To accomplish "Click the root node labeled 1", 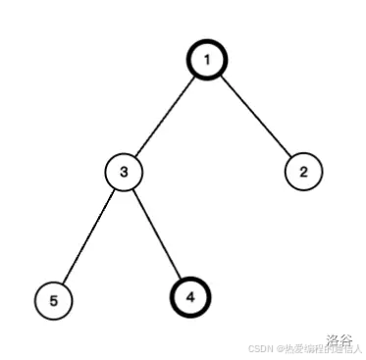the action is tap(207, 61).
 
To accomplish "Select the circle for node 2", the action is tap(303, 173).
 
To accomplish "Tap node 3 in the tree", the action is tap(124, 173).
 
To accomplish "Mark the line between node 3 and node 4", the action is tap(157, 233).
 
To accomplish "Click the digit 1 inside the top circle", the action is tap(207, 61).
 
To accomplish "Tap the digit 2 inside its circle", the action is tap(303, 173).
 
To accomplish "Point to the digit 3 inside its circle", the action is tap(124, 173).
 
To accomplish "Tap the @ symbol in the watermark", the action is tap(281, 347).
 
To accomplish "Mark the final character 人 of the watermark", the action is tap(358, 347).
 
